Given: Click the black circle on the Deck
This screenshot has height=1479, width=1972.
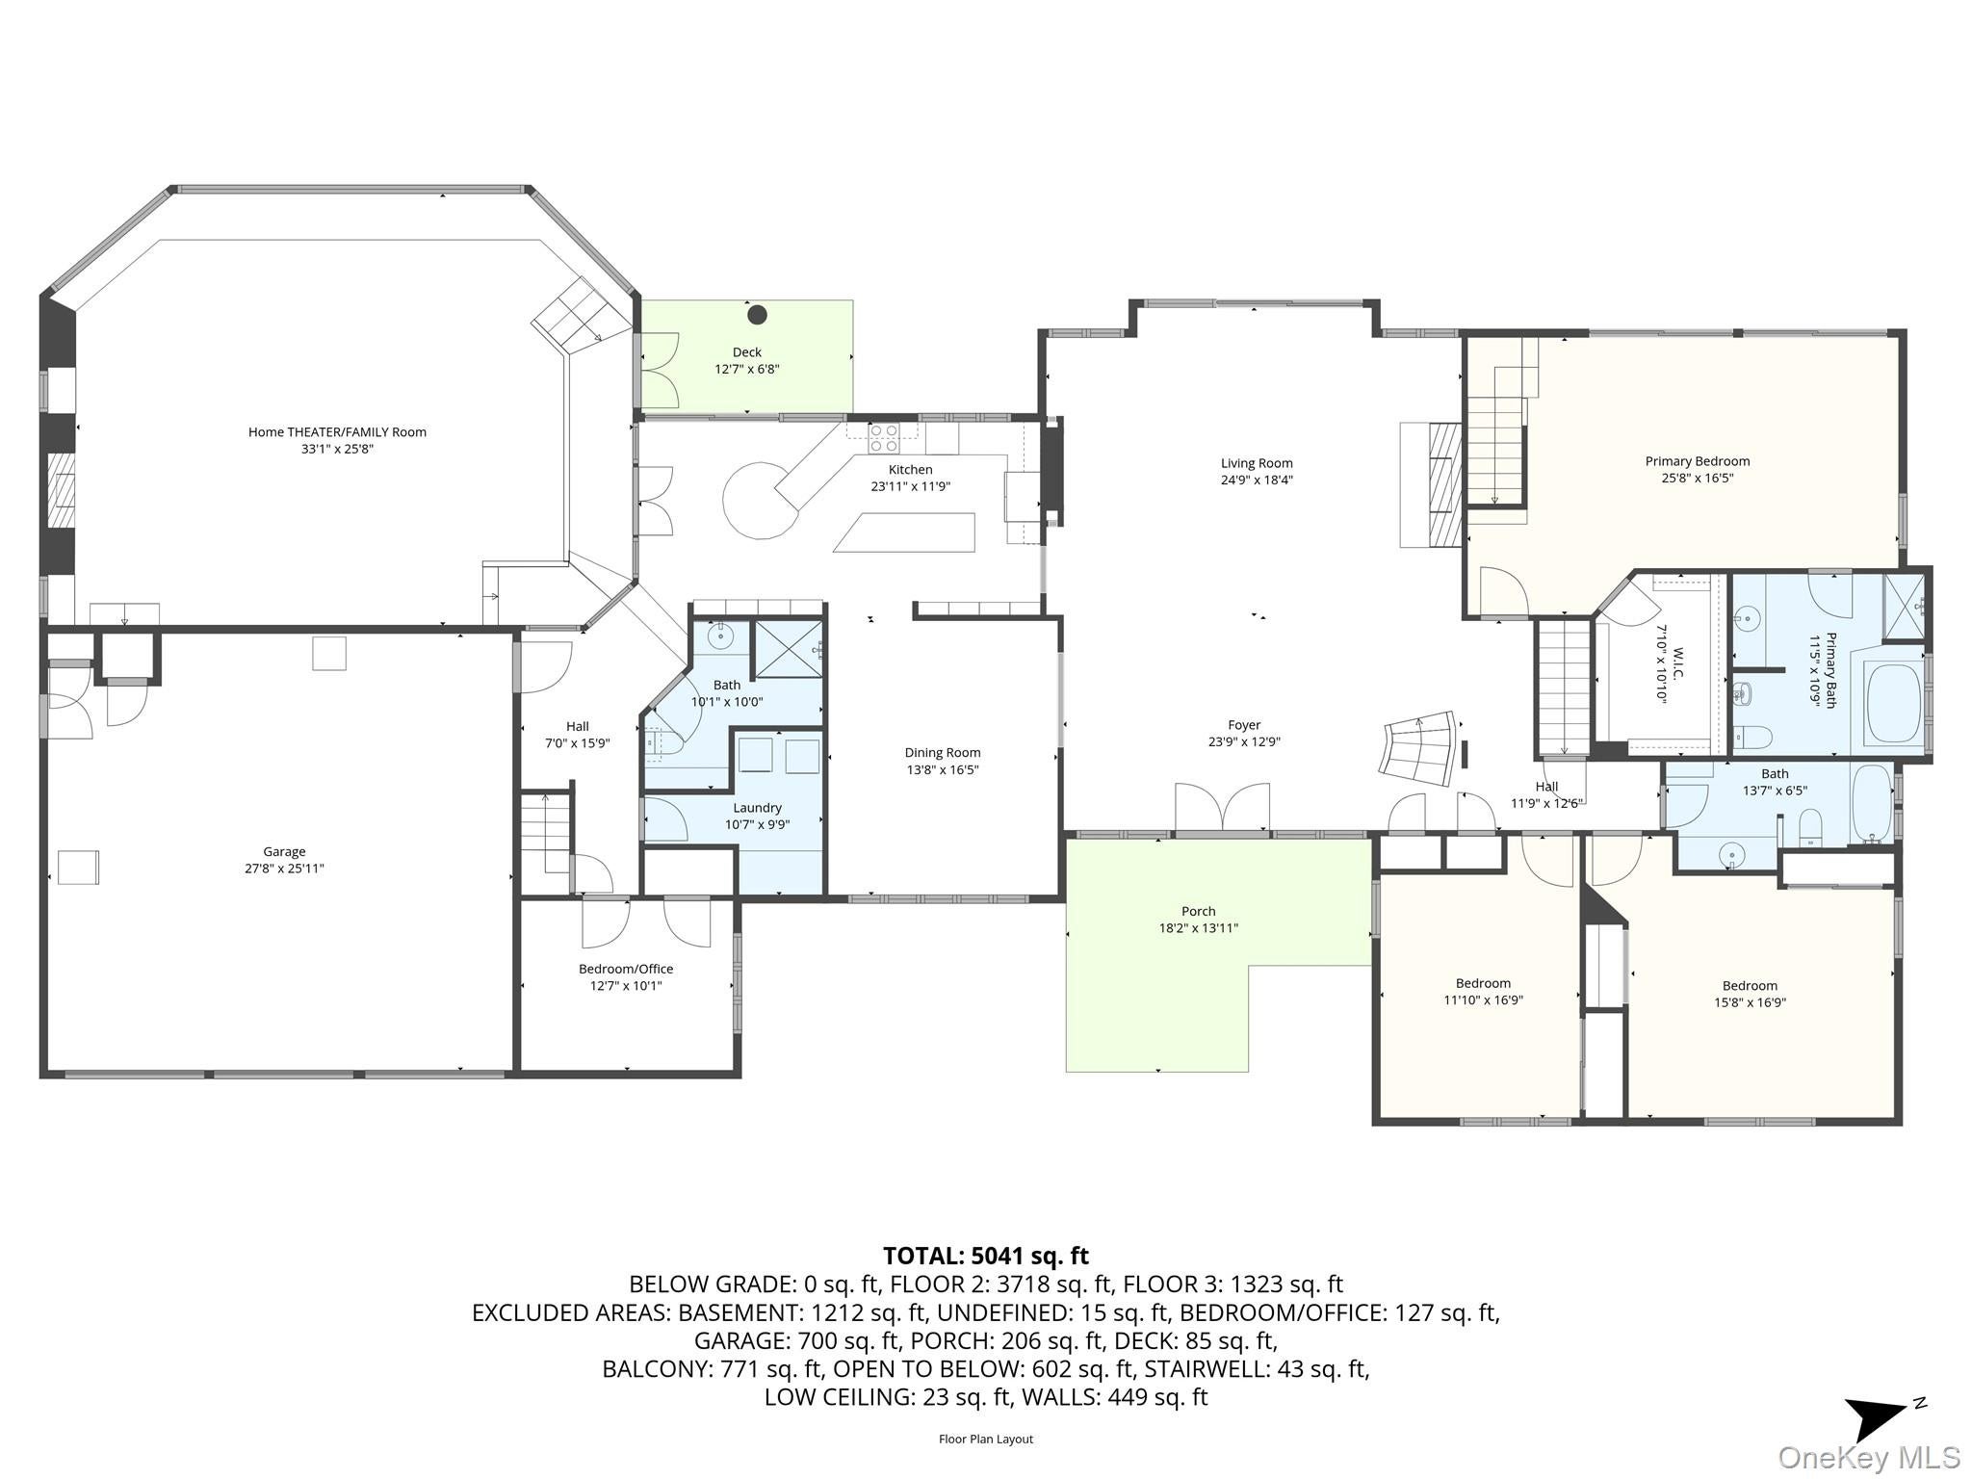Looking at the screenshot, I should click(x=757, y=314).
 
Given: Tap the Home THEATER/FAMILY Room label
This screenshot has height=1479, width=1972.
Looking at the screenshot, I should click(x=337, y=432).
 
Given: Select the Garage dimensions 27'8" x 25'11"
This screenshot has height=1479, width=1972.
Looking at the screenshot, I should click(x=284, y=869).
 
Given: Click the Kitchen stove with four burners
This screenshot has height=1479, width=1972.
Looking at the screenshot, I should click(x=884, y=439).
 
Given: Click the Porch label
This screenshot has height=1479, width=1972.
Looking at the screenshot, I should click(x=1198, y=911).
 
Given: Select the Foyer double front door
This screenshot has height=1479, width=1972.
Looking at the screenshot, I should click(x=1222, y=807).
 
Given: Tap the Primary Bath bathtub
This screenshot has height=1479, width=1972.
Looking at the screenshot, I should click(x=1894, y=705).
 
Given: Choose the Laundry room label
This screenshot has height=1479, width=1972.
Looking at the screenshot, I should click(x=757, y=808).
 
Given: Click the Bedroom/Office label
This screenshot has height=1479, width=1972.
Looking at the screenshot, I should click(x=626, y=969).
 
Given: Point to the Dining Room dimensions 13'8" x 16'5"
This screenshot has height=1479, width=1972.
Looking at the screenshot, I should click(x=943, y=769).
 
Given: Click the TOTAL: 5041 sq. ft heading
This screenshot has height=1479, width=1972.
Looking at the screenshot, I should click(x=985, y=1256).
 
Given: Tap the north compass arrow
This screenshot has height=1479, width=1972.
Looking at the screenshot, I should click(x=1878, y=1417).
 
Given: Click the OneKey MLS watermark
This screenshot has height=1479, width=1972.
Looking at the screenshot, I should click(x=1868, y=1457).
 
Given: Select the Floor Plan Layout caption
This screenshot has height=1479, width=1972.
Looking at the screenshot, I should click(x=985, y=1440).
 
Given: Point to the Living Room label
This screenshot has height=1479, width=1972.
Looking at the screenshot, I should click(x=1257, y=463).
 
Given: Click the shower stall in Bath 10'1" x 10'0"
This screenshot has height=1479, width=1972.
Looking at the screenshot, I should click(x=789, y=649).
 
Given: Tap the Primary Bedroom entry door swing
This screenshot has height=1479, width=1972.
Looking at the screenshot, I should click(x=1499, y=591).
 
